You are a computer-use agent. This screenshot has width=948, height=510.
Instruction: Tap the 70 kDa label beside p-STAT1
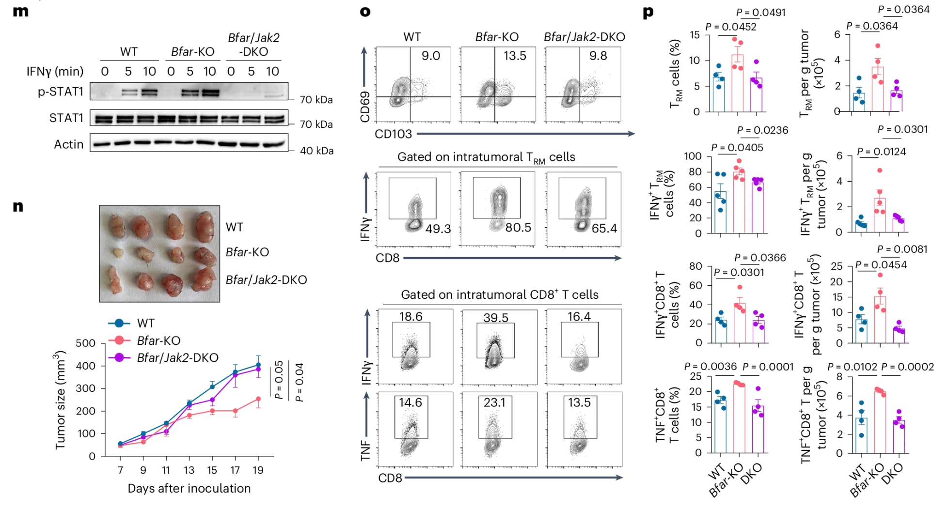(316, 100)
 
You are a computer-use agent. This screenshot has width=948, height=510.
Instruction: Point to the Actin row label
(68, 144)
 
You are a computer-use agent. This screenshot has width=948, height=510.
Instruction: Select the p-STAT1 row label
(61, 92)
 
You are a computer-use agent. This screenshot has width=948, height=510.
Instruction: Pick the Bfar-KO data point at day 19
(258, 400)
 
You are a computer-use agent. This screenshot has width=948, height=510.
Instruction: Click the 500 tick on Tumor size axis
(85, 343)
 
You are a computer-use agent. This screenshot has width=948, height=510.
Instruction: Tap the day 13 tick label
(189, 470)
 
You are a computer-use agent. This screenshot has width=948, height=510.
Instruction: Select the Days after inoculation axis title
(189, 488)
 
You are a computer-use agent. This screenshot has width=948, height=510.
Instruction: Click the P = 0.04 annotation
(300, 382)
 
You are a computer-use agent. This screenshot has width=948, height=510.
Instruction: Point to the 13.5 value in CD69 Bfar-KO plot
(515, 56)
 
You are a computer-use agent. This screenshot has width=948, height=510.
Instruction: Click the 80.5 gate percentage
(518, 228)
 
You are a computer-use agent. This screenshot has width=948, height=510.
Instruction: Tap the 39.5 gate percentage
(496, 318)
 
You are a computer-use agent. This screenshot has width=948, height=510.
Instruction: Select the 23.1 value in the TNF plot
(494, 402)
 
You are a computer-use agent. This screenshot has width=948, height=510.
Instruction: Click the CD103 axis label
(393, 134)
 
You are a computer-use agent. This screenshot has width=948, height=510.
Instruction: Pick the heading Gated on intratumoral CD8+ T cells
(499, 294)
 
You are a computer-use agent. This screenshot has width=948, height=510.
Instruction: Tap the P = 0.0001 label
(768, 367)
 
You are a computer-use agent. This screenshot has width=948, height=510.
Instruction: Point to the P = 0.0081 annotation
(902, 249)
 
